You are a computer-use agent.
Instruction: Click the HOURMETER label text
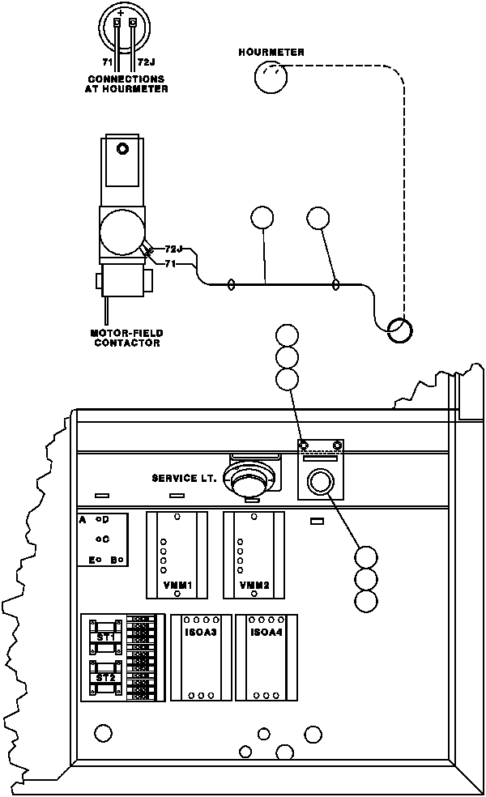click(x=271, y=52)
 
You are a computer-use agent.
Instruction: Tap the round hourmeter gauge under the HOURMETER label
click(x=271, y=79)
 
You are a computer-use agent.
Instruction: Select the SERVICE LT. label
click(x=184, y=478)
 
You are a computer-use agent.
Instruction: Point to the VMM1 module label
click(x=176, y=585)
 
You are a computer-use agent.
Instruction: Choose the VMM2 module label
click(x=254, y=585)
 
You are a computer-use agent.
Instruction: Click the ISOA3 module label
click(x=199, y=632)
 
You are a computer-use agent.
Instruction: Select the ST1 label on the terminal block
click(x=105, y=638)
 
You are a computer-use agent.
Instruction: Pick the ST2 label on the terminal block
click(x=105, y=676)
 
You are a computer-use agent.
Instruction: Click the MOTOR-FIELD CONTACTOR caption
click(x=126, y=338)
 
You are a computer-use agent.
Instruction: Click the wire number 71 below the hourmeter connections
click(x=107, y=62)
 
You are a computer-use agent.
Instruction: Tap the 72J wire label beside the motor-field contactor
click(x=173, y=249)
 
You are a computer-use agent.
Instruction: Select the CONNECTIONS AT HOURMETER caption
click(x=126, y=83)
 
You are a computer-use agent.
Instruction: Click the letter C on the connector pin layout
click(x=105, y=539)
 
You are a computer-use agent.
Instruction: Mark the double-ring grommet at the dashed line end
click(x=399, y=329)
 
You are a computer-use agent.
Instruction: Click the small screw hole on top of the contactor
click(x=122, y=149)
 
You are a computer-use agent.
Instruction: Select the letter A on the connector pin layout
click(x=83, y=519)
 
